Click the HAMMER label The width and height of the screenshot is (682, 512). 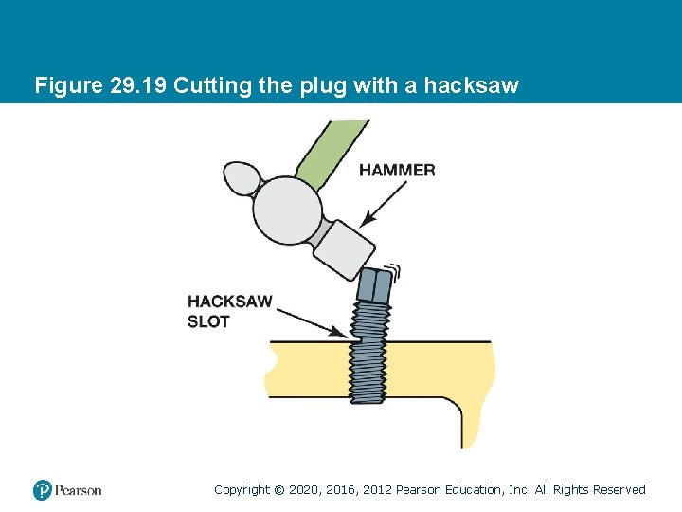pos(397,171)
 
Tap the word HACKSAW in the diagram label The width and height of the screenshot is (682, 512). pos(229,302)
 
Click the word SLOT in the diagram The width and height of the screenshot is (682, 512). pos(208,321)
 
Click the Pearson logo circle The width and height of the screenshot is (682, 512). pos(42,490)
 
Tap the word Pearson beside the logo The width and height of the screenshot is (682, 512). pos(78,490)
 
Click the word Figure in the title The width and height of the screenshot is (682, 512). pos(63,85)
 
